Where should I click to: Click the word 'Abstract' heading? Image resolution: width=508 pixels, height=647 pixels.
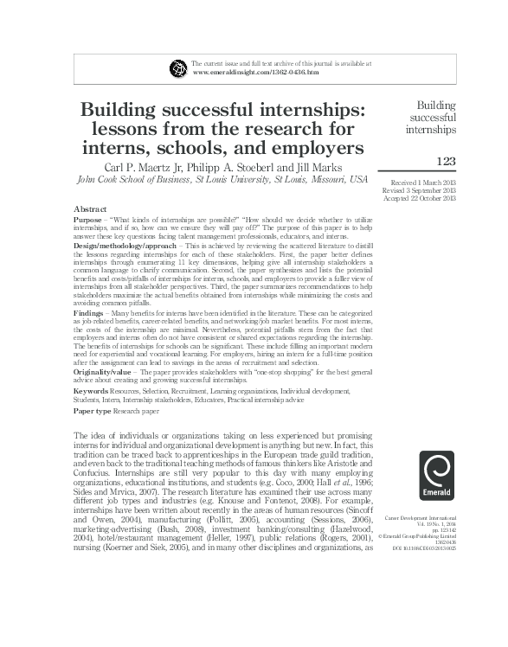[90, 210]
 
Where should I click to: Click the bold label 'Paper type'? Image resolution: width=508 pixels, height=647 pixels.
[96, 411]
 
